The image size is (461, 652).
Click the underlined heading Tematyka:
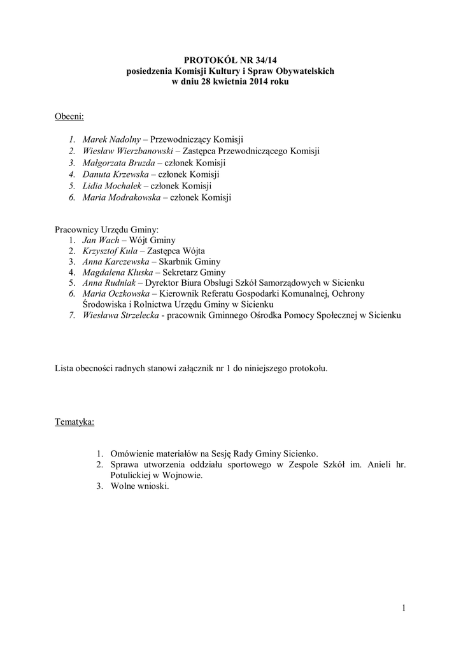point(74,422)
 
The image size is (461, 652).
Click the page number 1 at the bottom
point(404,608)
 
